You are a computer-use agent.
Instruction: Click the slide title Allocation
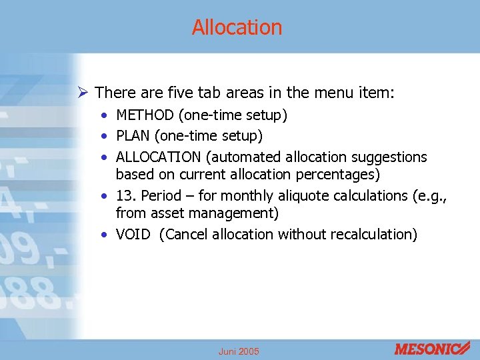237,27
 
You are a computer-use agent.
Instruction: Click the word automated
244,157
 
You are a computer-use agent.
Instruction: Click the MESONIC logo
432,349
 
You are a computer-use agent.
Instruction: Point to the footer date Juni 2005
239,351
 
